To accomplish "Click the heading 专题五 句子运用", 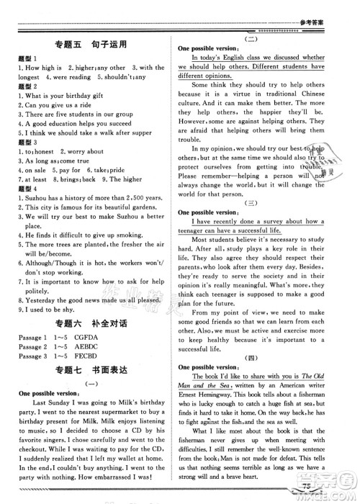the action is (x=91, y=45).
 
